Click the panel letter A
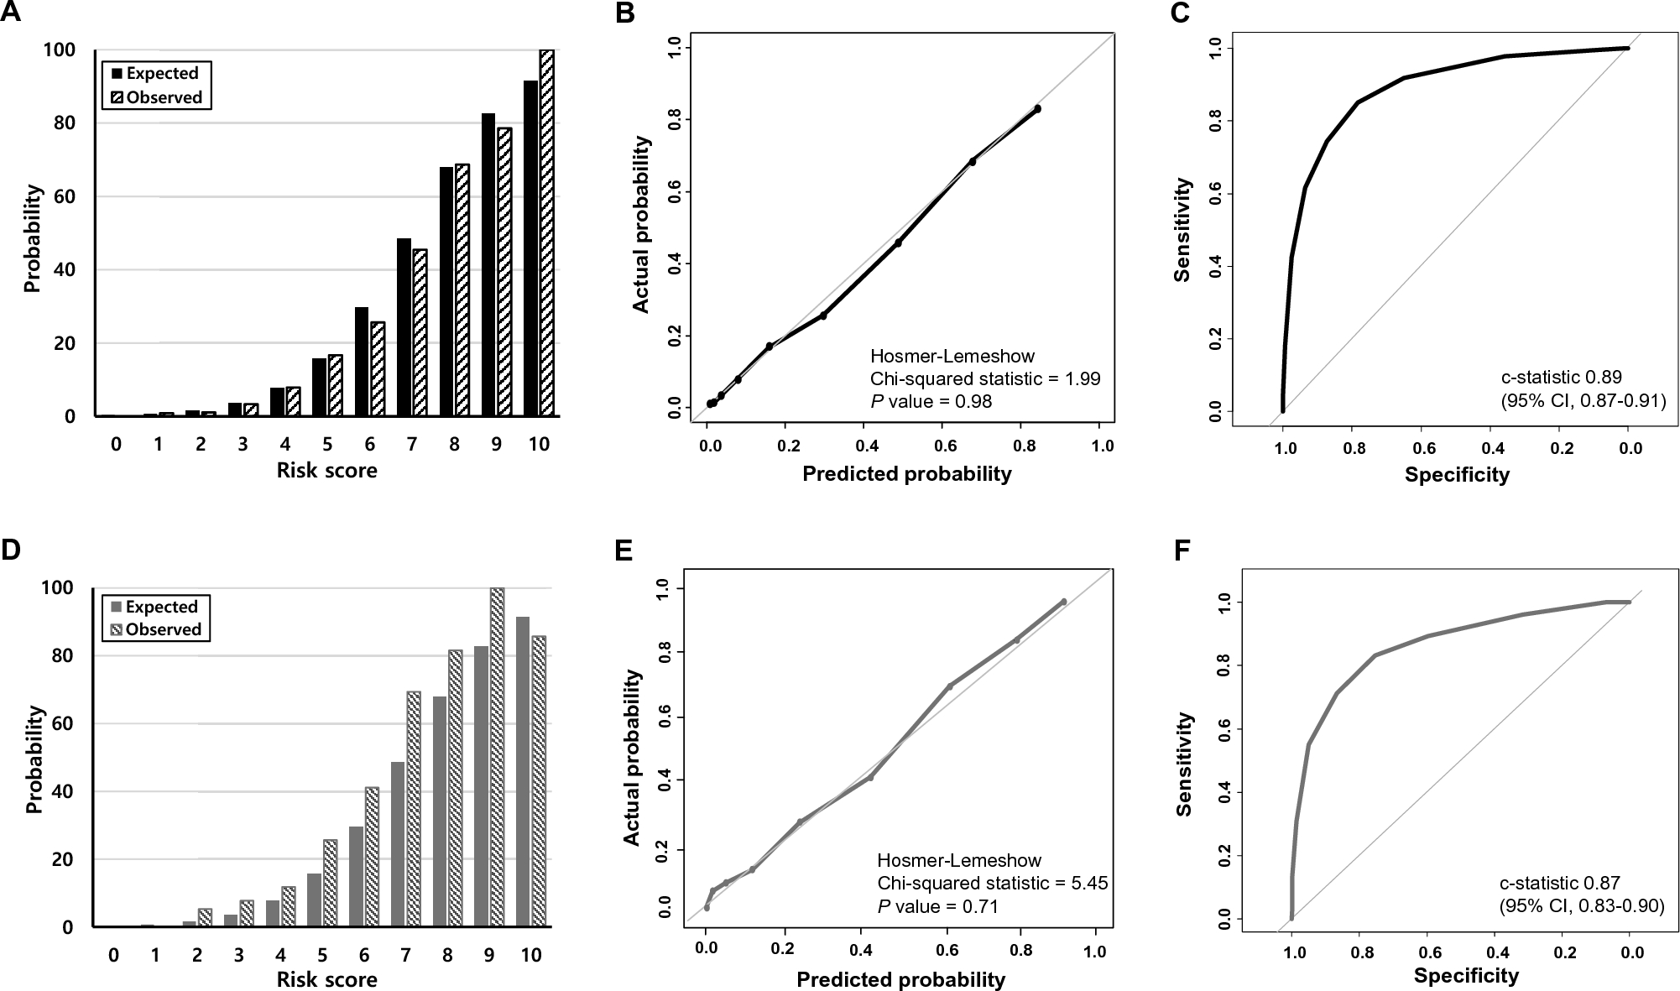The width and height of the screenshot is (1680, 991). (12, 13)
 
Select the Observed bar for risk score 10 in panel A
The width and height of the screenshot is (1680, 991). (546, 232)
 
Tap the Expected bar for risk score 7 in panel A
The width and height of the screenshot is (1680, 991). (404, 327)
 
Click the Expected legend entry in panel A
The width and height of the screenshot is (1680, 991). (155, 73)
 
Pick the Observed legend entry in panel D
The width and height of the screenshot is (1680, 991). (156, 629)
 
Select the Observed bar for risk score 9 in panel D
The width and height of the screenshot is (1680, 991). (497, 757)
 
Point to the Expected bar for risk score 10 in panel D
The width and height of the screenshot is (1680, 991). (523, 772)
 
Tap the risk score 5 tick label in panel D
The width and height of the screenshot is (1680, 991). (322, 955)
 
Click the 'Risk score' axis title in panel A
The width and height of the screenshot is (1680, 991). (326, 470)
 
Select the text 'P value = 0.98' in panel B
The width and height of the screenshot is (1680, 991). (931, 401)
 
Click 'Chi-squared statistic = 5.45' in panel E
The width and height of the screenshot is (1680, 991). (992, 883)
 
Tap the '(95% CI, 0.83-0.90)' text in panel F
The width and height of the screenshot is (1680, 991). (1582, 905)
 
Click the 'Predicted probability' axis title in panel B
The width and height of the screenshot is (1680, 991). (906, 474)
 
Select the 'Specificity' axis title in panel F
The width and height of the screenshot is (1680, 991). (1465, 975)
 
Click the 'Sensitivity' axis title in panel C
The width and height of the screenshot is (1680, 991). (1183, 229)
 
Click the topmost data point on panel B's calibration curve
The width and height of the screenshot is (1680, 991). (1037, 109)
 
